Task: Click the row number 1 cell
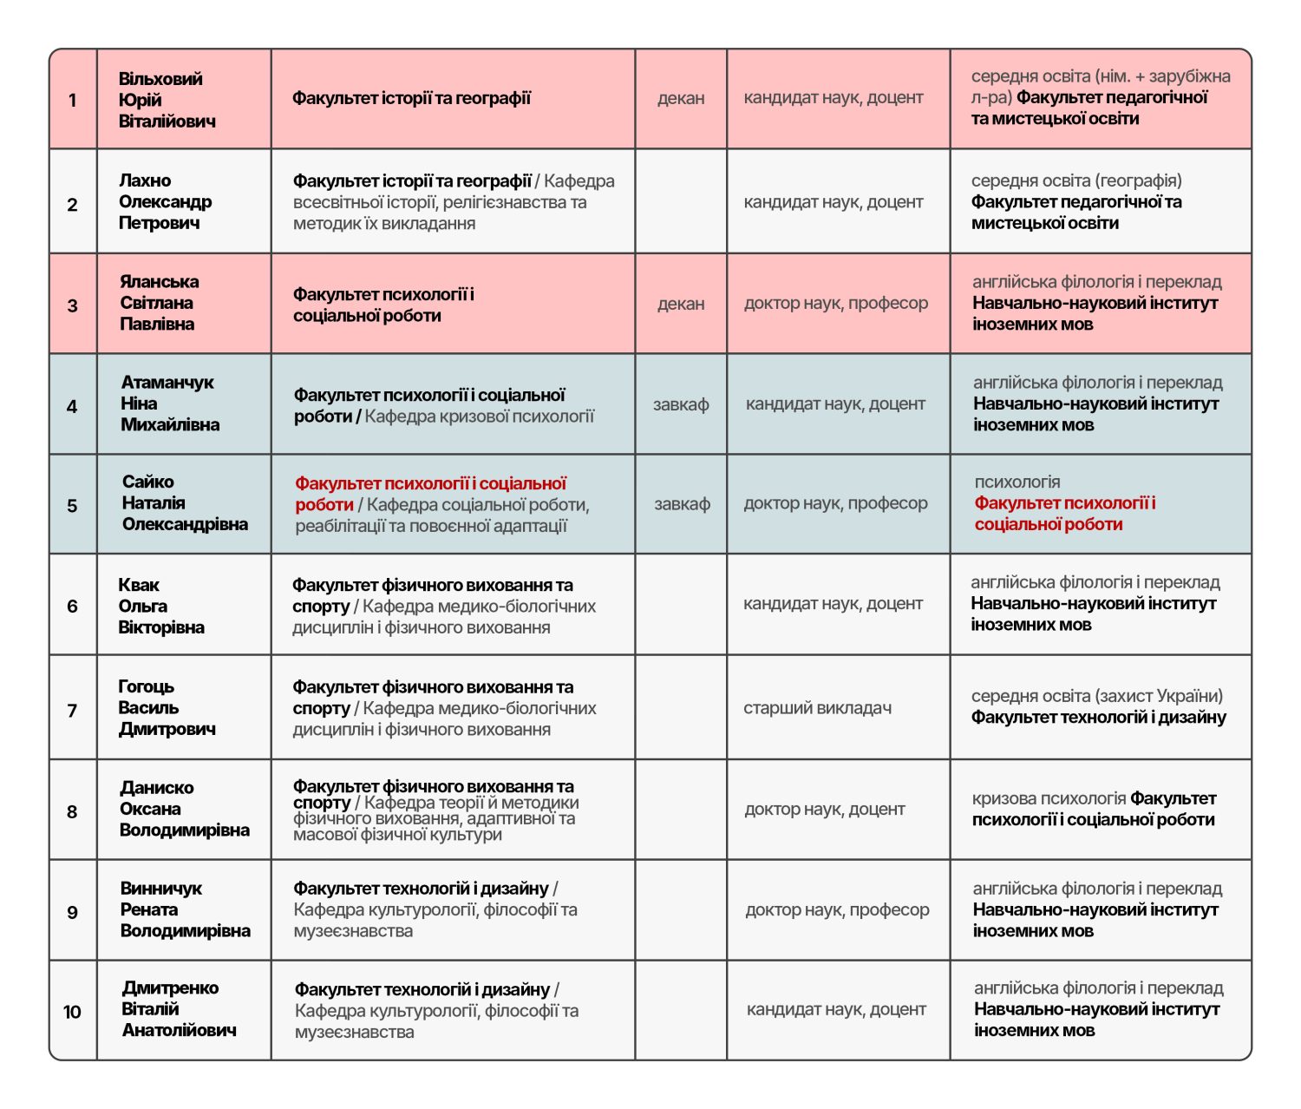(x=73, y=100)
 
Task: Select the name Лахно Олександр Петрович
(x=165, y=201)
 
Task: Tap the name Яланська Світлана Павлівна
(x=159, y=303)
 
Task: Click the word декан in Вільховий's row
(x=681, y=99)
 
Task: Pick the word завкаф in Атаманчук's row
(x=681, y=404)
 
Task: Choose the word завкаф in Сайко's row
(x=682, y=504)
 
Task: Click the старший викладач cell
(x=817, y=708)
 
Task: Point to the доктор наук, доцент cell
(x=824, y=810)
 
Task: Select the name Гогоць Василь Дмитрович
(x=167, y=708)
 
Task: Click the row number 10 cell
(x=72, y=1012)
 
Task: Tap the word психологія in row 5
(x=1017, y=482)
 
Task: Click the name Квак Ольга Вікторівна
(x=161, y=607)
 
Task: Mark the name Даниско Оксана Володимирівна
(x=184, y=809)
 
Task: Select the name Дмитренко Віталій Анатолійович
(x=179, y=1009)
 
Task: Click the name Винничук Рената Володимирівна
(x=185, y=909)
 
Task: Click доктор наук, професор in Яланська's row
(x=835, y=304)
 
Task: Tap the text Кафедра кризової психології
(x=479, y=417)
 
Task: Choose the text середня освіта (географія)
(x=1076, y=180)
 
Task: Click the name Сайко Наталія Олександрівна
(x=184, y=503)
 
